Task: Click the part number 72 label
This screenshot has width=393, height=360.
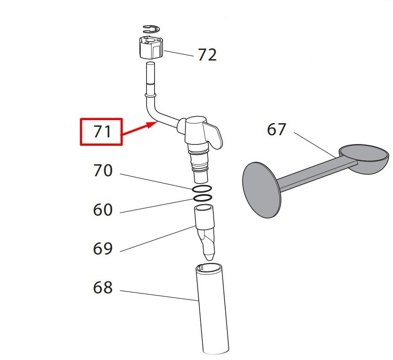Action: point(207,55)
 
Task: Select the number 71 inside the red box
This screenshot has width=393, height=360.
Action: point(102,132)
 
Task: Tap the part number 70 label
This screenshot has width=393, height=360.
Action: point(103,171)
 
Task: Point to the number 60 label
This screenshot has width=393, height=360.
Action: point(103,209)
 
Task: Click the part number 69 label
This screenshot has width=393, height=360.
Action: point(103,248)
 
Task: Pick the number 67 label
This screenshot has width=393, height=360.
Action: point(276,129)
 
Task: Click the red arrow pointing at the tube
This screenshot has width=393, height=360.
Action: point(139,129)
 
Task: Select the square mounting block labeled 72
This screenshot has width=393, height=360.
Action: point(151,47)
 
